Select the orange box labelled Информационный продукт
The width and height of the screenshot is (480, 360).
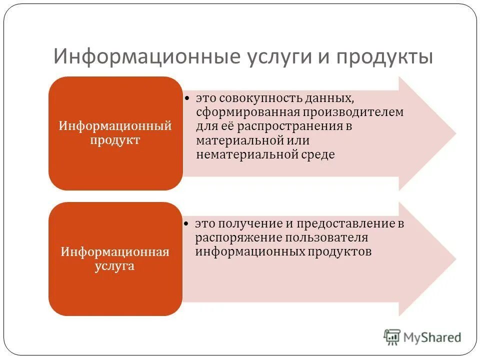tap(115, 133)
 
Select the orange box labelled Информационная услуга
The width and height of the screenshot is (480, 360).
tap(115, 259)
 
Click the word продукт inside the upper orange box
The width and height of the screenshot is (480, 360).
tap(115, 140)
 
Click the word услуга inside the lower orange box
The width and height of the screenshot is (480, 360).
tap(115, 266)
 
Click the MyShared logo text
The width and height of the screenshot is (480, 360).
tap(433, 337)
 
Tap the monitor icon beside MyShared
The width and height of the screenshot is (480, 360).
tap(392, 337)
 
